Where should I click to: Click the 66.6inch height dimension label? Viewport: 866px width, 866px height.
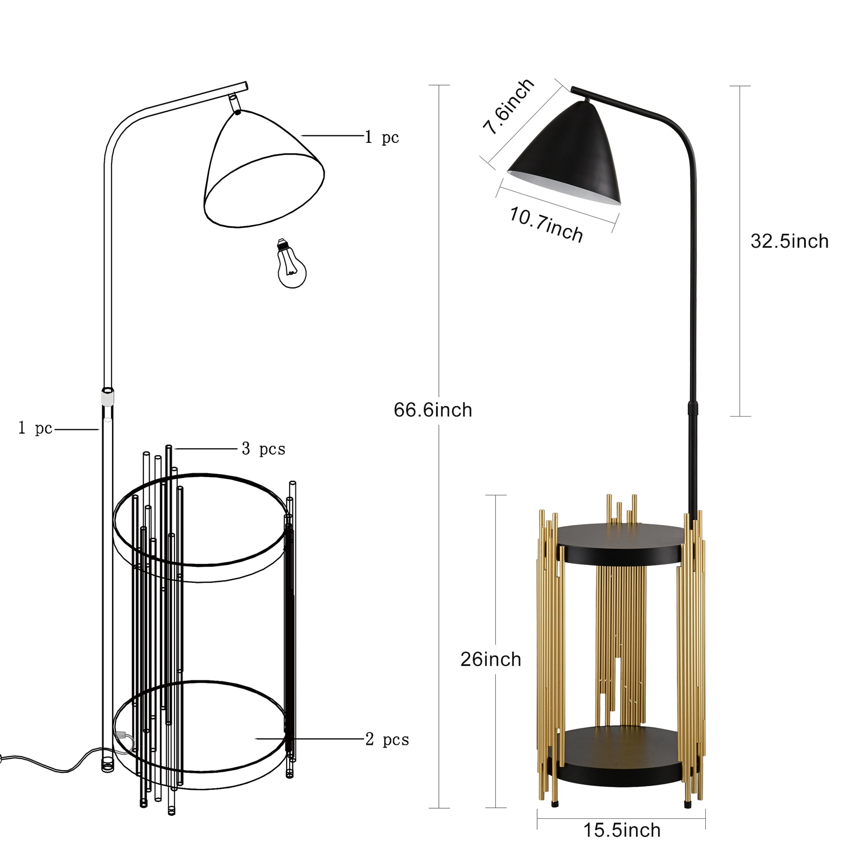tap(433, 410)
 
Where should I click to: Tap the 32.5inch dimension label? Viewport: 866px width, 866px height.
tap(789, 242)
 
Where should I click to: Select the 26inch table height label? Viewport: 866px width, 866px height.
tap(490, 660)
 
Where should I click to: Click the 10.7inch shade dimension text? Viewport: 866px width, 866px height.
tap(546, 224)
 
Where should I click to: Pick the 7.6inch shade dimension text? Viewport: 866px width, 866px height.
tap(508, 107)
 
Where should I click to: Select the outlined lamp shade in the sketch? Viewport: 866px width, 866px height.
tap(263, 170)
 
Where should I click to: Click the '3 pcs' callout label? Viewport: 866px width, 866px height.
tap(263, 449)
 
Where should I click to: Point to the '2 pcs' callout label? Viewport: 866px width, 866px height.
tap(387, 739)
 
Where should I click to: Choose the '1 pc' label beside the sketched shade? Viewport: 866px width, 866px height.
tap(381, 137)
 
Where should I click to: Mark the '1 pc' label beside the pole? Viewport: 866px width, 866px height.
tap(36, 429)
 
